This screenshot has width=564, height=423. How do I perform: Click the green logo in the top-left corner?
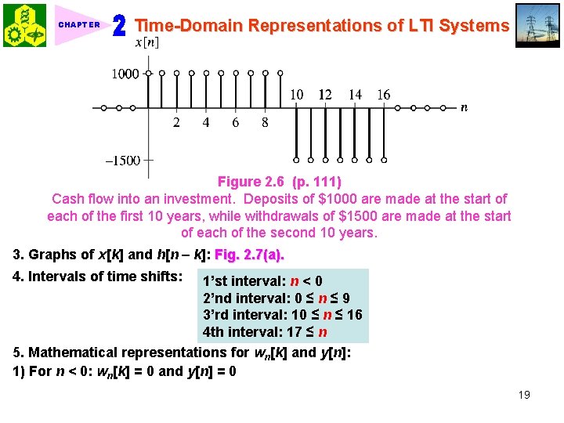click(x=23, y=24)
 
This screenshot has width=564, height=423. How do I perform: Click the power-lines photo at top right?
click(x=538, y=25)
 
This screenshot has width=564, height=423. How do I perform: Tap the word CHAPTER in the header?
click(x=79, y=25)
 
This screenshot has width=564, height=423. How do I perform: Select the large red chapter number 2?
click(x=119, y=27)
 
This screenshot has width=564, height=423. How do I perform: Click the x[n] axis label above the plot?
click(x=147, y=42)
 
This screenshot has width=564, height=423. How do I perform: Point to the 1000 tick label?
click(x=124, y=74)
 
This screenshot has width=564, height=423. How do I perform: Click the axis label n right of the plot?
click(x=464, y=107)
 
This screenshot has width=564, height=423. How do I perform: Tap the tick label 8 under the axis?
click(x=266, y=122)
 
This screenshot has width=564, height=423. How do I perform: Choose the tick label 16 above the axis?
click(x=383, y=95)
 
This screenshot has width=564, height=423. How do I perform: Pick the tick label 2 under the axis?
click(x=176, y=122)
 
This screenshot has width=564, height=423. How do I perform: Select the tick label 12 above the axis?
click(x=325, y=95)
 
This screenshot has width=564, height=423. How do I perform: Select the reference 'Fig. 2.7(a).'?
click(x=249, y=255)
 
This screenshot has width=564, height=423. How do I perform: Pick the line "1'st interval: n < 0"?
click(x=262, y=280)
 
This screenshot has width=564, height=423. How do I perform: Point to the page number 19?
click(x=524, y=395)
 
